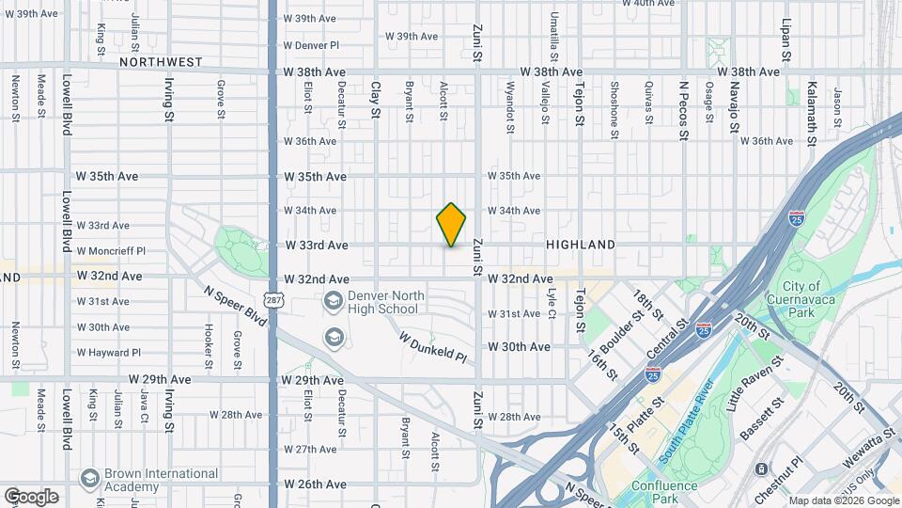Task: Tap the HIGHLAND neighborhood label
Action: (581, 245)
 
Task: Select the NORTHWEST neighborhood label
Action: (161, 62)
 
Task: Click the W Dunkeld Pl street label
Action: (432, 346)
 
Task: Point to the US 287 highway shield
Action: (272, 300)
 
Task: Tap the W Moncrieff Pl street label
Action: (111, 251)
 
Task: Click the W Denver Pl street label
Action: (310, 45)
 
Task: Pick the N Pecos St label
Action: (684, 110)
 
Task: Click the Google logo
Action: (31, 496)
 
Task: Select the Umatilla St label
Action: (554, 30)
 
